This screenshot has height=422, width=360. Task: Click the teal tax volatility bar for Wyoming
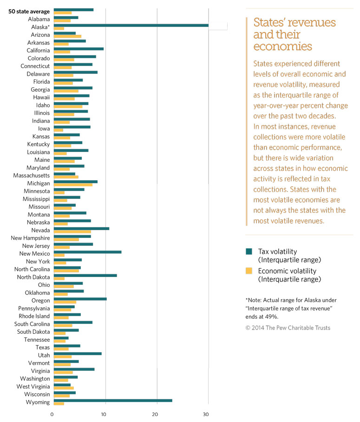click(x=113, y=400)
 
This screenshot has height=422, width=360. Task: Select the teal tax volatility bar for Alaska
click(x=131, y=25)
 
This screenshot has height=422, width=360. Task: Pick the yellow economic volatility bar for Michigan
click(x=73, y=185)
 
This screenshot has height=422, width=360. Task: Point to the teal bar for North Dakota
click(x=85, y=276)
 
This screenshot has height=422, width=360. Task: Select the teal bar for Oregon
click(x=80, y=299)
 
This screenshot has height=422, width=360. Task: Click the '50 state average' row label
click(x=29, y=11)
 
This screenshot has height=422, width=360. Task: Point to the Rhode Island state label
click(x=33, y=316)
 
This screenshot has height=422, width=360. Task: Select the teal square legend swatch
click(x=249, y=251)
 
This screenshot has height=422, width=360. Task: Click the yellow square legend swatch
click(x=249, y=271)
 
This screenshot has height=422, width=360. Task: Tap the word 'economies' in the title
click(x=282, y=47)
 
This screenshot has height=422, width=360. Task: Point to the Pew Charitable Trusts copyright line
click(x=288, y=328)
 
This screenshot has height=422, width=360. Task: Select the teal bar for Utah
click(x=78, y=354)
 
